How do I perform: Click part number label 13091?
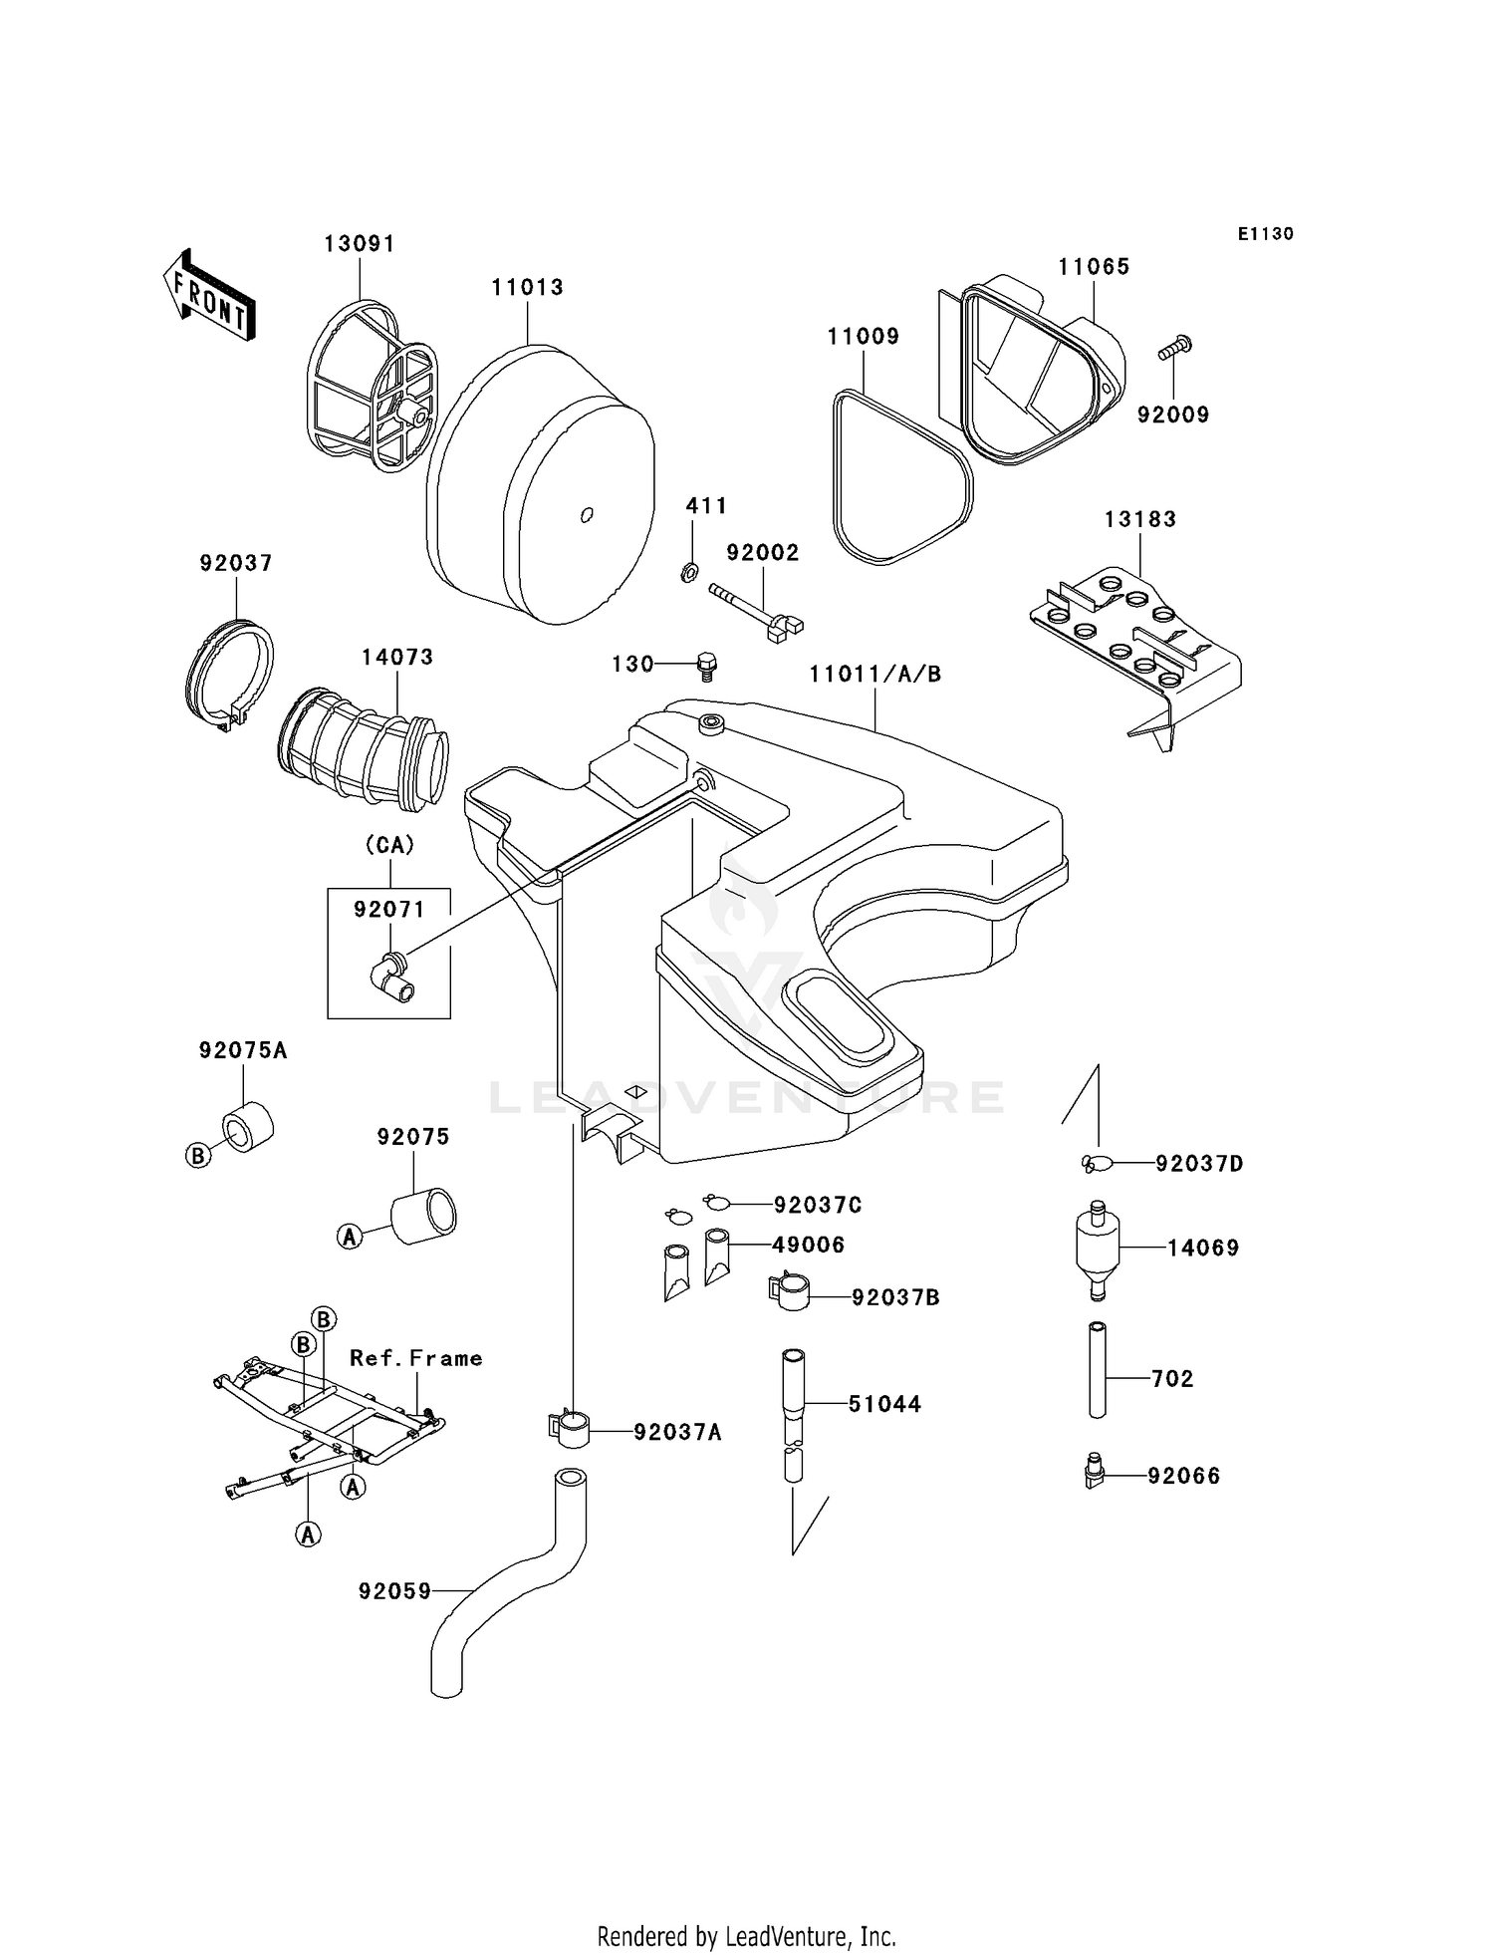click(360, 244)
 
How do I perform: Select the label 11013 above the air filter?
click(527, 288)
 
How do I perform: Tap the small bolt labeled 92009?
click(1175, 349)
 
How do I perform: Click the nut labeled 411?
click(687, 572)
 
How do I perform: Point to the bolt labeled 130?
click(707, 665)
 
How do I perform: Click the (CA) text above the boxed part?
click(389, 845)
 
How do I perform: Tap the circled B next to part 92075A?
click(198, 1155)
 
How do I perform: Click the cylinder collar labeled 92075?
click(423, 1216)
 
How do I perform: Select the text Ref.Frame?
click(415, 1358)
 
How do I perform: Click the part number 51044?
click(884, 1404)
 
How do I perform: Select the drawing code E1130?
click(1265, 234)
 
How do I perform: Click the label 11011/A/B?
click(874, 675)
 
